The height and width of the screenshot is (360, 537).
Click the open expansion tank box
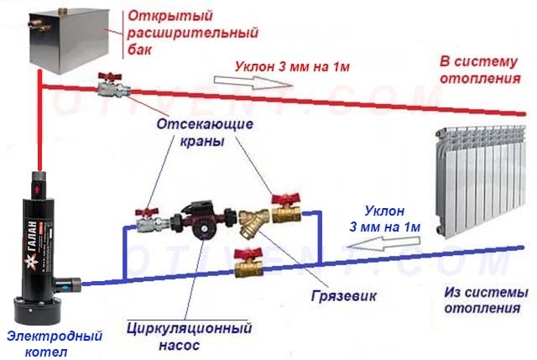coord(69,41)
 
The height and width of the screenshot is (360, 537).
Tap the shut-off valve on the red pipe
coord(113,86)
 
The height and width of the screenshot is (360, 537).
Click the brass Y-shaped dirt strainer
coord(253,223)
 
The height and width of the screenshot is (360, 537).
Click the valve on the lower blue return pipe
coord(248,263)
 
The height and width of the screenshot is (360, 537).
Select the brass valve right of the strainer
coord(286,210)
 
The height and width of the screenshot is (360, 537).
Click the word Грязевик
coord(343,295)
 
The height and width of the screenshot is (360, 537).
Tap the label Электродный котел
coord(55,343)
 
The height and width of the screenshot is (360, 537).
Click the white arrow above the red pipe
coord(253,82)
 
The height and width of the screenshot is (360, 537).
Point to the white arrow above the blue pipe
coord(383,243)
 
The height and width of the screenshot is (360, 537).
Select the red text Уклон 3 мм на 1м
coord(292,66)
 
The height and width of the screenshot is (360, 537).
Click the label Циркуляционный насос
coord(190,336)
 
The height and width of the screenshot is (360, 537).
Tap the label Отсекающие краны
coord(205,133)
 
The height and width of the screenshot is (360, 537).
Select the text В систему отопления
coord(480,70)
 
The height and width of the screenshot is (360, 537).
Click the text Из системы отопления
coord(486,300)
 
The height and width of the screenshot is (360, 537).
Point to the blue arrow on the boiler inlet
coord(65,286)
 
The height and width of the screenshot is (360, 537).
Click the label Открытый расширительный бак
coord(193,33)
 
